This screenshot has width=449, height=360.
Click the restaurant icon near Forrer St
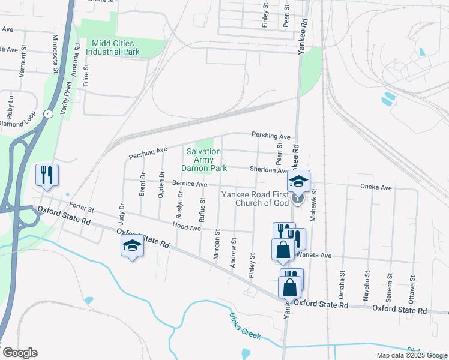click(x=47, y=175)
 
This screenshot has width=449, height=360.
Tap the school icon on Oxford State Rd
click(x=132, y=245)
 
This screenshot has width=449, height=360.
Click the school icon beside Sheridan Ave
click(x=298, y=181)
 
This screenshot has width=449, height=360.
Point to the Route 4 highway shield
click(x=47, y=113)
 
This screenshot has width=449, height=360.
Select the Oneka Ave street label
click(x=376, y=188)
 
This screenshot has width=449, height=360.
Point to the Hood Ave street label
click(x=186, y=228)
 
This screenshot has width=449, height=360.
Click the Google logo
click(x=19, y=353)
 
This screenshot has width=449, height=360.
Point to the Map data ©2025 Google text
click(x=412, y=355)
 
